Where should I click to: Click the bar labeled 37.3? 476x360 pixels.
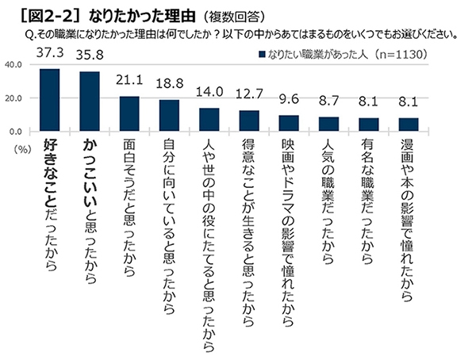point(50,100)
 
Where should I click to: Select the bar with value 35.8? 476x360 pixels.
point(89,101)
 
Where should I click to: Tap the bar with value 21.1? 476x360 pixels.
point(128,113)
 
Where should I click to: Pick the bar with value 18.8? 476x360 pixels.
point(169,116)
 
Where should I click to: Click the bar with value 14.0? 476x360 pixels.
point(209,120)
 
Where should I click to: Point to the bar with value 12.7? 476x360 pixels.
point(248,121)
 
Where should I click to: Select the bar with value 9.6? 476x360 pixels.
point(288,123)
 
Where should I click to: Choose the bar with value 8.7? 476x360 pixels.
point(328,124)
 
